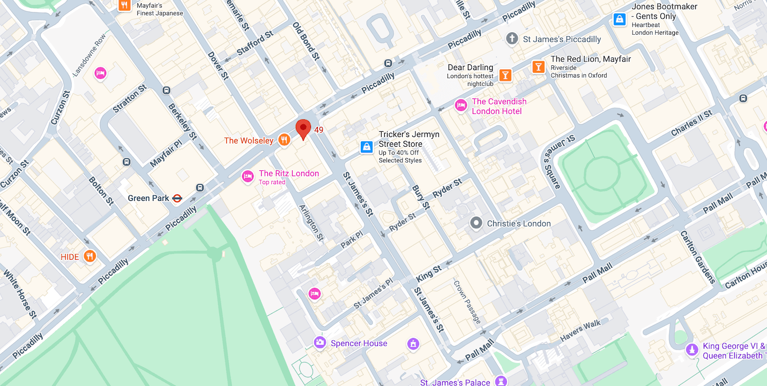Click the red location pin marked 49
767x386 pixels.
pyautogui.click(x=303, y=129)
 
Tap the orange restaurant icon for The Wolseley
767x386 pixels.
pyautogui.click(x=284, y=140)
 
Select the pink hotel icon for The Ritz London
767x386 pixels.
pyautogui.click(x=248, y=176)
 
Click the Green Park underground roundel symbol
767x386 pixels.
pyautogui.click(x=177, y=198)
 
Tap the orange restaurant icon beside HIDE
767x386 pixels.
pyautogui.click(x=90, y=256)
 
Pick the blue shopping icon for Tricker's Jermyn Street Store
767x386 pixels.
pyautogui.click(x=367, y=146)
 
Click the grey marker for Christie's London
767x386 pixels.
pyautogui.click(x=476, y=223)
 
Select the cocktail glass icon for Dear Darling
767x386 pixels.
pyautogui.click(x=505, y=75)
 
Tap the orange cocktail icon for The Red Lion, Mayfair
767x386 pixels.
pyautogui.click(x=538, y=67)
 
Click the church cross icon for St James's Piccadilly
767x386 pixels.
pyautogui.click(x=512, y=39)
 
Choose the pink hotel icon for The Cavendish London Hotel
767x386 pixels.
pyautogui.click(x=460, y=105)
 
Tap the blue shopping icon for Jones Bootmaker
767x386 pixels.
pyautogui.click(x=620, y=20)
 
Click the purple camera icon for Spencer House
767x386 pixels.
pyautogui.click(x=320, y=342)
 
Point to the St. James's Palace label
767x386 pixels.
pyautogui.click(x=455, y=382)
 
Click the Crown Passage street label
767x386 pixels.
pyautogui.click(x=467, y=302)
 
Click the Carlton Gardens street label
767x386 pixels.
pyautogui.click(x=697, y=256)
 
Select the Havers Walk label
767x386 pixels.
pyautogui.click(x=580, y=330)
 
